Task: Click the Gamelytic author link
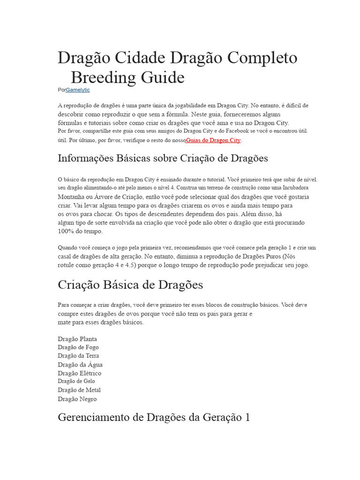click(78, 90)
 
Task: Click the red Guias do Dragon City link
click(213, 140)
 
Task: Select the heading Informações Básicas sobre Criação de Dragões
click(163, 158)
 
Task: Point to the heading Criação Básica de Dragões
click(130, 285)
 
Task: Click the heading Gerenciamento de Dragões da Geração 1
click(154, 417)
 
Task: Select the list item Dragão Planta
click(77, 339)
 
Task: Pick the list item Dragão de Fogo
click(78, 347)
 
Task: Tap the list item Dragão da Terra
click(78, 356)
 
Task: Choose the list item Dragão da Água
click(80, 364)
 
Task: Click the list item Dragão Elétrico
click(79, 373)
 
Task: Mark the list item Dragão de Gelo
click(76, 382)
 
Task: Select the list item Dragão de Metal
click(79, 390)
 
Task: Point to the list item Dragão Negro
click(77, 399)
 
